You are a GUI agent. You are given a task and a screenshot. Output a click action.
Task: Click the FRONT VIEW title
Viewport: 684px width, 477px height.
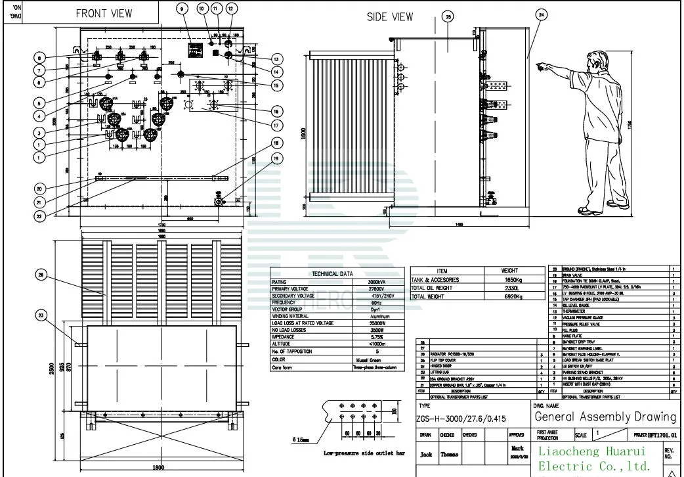104,13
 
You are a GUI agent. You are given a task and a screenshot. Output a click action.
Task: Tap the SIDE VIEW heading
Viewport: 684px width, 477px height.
390,17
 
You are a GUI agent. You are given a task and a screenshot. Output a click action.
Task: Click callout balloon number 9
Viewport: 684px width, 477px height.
182,9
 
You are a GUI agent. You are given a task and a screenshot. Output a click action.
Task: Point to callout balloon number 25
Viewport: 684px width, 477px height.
448,17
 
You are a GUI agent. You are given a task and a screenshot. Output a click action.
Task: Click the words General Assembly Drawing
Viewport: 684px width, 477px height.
605,417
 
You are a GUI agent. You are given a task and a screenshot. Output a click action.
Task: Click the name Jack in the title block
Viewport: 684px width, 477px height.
426,455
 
